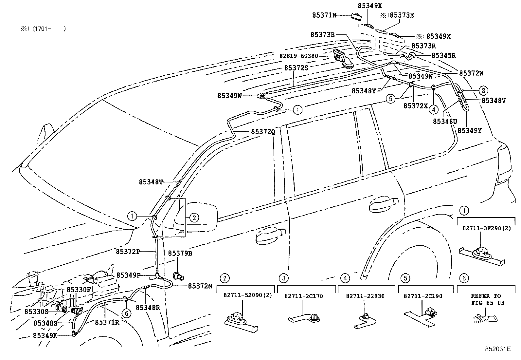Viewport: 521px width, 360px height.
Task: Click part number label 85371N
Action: coord(324,15)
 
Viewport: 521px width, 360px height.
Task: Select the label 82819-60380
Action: coord(298,56)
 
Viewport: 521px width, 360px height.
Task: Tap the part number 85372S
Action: coord(296,68)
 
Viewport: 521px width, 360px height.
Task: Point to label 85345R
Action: coord(443,55)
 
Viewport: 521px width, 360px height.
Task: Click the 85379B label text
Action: coord(180,253)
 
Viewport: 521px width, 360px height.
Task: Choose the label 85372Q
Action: coord(263,132)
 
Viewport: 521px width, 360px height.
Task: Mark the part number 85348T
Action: coord(151,182)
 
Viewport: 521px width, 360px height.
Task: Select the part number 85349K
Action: coord(45,335)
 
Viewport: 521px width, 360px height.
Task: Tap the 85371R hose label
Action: coord(107,322)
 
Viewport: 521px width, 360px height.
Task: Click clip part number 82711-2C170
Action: coord(304,296)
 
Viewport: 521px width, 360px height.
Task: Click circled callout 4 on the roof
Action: coord(433,109)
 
